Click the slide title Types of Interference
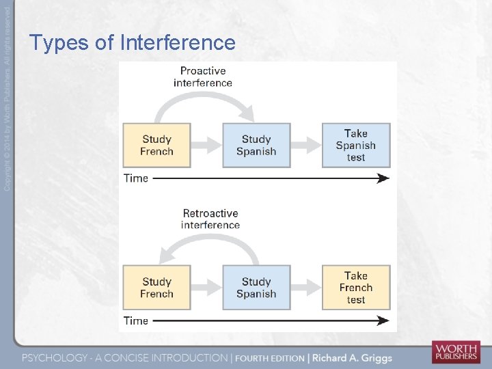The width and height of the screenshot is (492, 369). pyautogui.click(x=132, y=43)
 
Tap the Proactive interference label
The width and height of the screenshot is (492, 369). pyautogui.click(x=203, y=77)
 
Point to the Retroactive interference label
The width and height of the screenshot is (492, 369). pyautogui.click(x=210, y=219)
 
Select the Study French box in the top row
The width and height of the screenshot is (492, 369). pyautogui.click(x=156, y=146)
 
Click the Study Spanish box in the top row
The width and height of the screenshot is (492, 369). pyautogui.click(x=256, y=146)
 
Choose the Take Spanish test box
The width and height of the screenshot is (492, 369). pyautogui.click(x=356, y=146)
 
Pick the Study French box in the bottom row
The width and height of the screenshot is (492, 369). pyautogui.click(x=156, y=288)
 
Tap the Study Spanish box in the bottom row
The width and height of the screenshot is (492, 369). pyautogui.click(x=256, y=288)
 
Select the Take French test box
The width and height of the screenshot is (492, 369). pyautogui.click(x=356, y=288)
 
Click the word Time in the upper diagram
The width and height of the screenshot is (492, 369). pyautogui.click(x=135, y=178)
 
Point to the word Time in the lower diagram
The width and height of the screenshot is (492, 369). pyautogui.click(x=135, y=320)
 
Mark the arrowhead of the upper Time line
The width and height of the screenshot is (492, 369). pyautogui.click(x=385, y=178)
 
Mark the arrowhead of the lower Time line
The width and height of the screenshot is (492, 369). pyautogui.click(x=385, y=320)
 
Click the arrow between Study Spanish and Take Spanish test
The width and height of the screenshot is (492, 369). pyautogui.click(x=306, y=146)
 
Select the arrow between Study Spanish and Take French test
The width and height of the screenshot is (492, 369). pyautogui.click(x=306, y=288)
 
